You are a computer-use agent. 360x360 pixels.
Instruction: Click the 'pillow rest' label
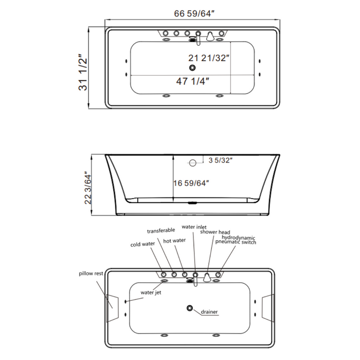point(91,274)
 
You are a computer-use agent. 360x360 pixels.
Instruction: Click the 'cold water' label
point(142,244)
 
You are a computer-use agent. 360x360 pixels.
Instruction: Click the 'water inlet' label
point(194,227)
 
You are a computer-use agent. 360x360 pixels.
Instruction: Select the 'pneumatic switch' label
point(235,242)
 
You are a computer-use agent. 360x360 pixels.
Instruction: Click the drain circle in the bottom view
point(190,309)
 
